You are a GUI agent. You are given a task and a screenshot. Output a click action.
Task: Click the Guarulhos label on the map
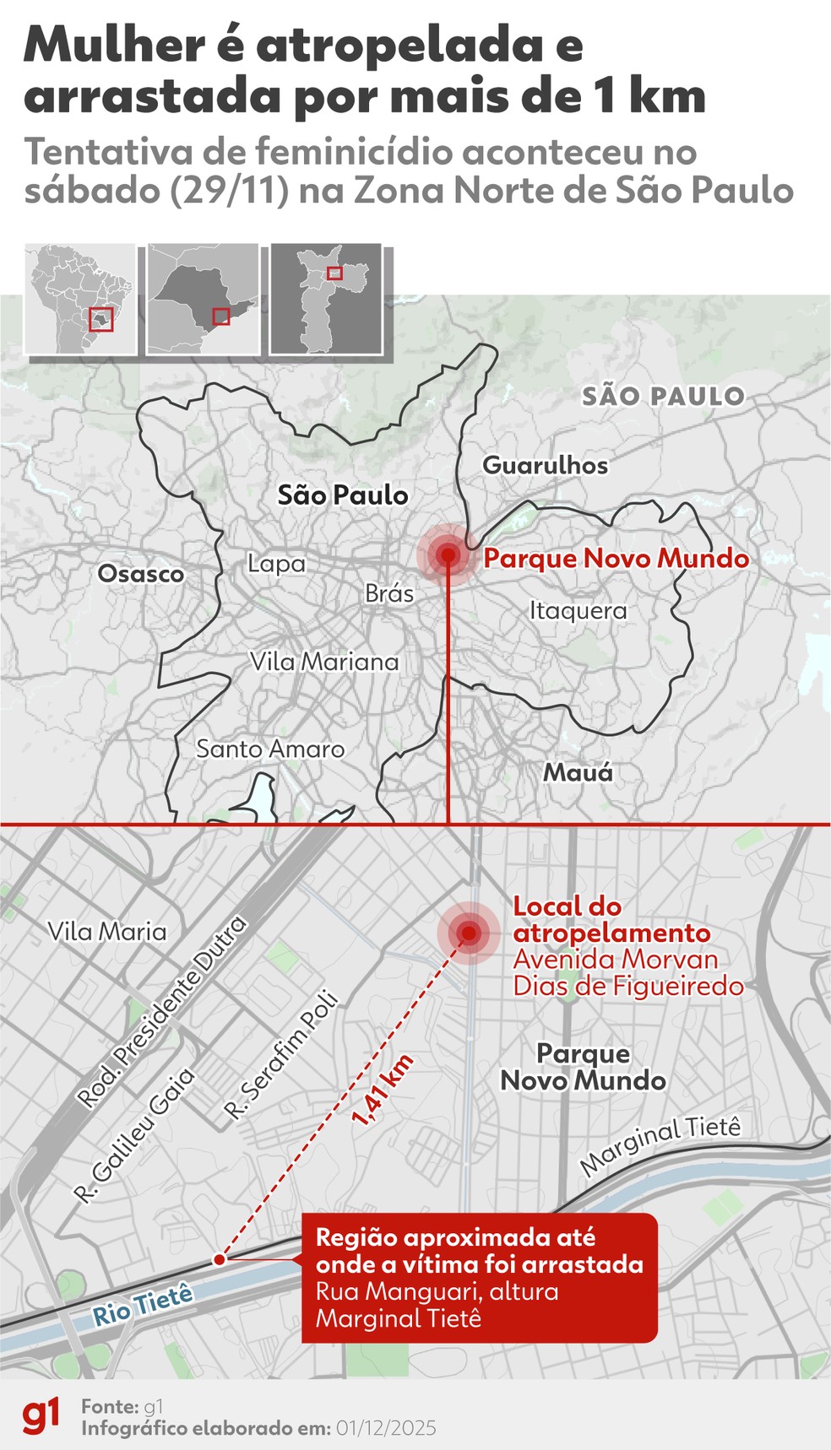coord(545,465)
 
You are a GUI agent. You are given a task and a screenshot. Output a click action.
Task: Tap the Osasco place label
coord(140,574)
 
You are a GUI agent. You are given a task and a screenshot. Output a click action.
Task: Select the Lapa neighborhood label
coord(276,563)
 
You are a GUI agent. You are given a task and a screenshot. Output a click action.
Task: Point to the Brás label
coord(389,593)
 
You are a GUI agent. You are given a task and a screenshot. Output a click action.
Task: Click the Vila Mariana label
coord(324,662)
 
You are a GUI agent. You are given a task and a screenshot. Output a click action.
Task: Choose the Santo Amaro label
coord(270,749)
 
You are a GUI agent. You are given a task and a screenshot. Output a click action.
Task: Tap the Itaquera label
coord(578,610)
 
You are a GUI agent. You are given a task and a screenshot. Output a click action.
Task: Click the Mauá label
coord(578,771)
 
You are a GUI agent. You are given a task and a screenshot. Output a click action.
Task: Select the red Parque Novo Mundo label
coord(616,559)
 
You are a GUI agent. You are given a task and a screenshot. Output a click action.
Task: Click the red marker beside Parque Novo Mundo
coord(448,555)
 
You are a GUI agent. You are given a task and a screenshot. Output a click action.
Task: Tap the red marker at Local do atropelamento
coord(469,933)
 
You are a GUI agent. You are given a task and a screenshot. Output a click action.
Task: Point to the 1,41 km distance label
coord(383,1090)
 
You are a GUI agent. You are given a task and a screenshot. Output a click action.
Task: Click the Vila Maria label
coord(107,932)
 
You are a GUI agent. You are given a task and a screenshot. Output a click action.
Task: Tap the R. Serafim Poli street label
coord(281,1056)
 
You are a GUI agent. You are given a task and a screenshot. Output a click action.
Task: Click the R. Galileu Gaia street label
coord(134,1133)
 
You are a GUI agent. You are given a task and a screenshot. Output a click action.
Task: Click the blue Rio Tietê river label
coord(143,1305)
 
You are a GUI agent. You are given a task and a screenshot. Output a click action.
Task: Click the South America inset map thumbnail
coord(80,299)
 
